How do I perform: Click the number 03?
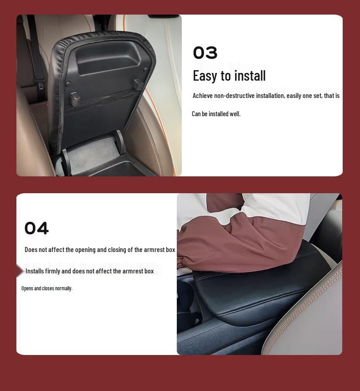tap(205, 53)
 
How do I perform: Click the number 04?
tap(36, 228)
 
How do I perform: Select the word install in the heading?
tap(250, 76)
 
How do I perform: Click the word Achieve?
tap(203, 96)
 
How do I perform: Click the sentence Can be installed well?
tap(216, 114)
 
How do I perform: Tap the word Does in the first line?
tap(31, 250)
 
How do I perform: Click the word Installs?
tap(35, 271)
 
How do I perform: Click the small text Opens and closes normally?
tap(47, 288)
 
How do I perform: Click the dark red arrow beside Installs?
tap(20, 271)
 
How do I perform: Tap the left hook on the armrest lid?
tap(75, 98)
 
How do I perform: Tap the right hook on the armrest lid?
tap(138, 84)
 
